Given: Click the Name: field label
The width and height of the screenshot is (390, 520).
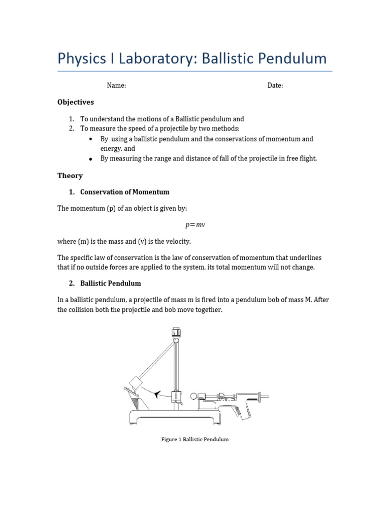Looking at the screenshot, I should [x=116, y=85].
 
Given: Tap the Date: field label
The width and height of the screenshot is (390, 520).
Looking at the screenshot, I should [x=275, y=85].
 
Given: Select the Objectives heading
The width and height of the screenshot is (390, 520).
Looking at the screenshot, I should [x=76, y=102].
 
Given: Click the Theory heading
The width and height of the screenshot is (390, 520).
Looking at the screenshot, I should [x=70, y=176].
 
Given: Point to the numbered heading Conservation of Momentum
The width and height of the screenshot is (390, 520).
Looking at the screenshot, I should [x=125, y=192].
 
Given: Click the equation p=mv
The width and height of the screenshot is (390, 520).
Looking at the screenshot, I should [x=194, y=224].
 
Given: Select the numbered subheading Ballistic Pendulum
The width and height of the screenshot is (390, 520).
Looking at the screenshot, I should [x=111, y=283].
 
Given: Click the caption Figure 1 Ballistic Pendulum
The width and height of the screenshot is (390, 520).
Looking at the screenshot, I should [x=195, y=439].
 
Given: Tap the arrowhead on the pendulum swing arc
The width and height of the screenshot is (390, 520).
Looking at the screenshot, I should [x=157, y=394].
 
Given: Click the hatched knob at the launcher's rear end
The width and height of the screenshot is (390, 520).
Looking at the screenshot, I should [x=261, y=397].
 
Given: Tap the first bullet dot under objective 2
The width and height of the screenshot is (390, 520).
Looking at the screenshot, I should [x=90, y=139].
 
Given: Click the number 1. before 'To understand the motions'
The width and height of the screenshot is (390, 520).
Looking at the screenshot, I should [x=72, y=119].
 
